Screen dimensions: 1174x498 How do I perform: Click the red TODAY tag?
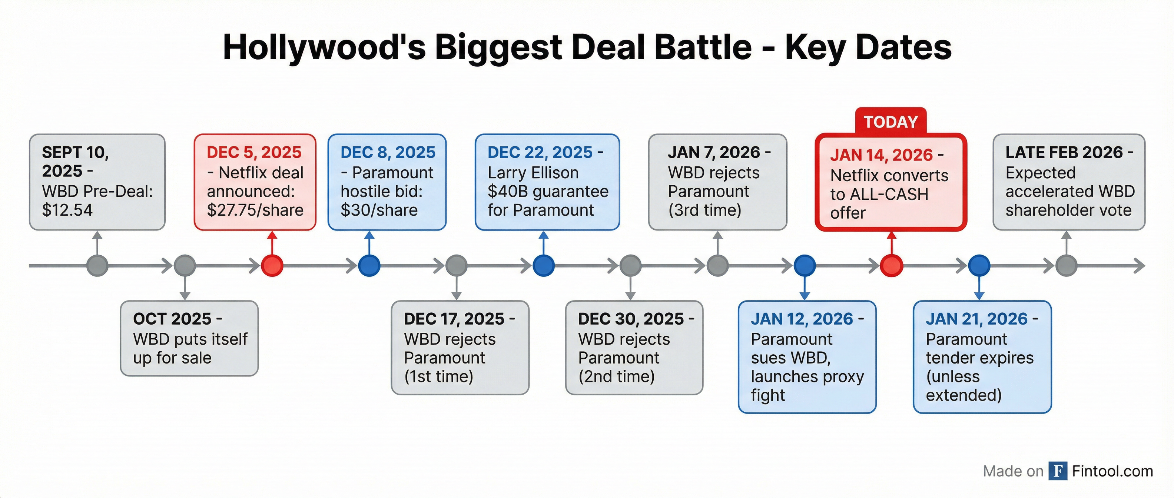891,122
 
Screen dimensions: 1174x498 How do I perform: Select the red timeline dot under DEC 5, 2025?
272,266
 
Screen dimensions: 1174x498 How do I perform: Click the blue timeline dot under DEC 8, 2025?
369,266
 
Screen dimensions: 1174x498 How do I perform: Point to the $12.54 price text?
67,210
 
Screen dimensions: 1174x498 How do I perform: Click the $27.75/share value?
255,210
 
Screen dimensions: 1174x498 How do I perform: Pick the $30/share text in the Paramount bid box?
379,210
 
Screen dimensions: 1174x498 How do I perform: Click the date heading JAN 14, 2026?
881,155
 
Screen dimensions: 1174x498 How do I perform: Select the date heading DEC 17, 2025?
454,319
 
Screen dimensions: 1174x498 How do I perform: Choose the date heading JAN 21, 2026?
976,319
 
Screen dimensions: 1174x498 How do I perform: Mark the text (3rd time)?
704,210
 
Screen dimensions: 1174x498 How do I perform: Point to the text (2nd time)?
616,376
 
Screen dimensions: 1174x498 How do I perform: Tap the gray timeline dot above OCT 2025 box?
185,266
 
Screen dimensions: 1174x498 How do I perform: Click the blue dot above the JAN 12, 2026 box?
805,266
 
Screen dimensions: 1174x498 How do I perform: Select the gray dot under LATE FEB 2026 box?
1067,266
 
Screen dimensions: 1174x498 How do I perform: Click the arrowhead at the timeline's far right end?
1140,266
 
